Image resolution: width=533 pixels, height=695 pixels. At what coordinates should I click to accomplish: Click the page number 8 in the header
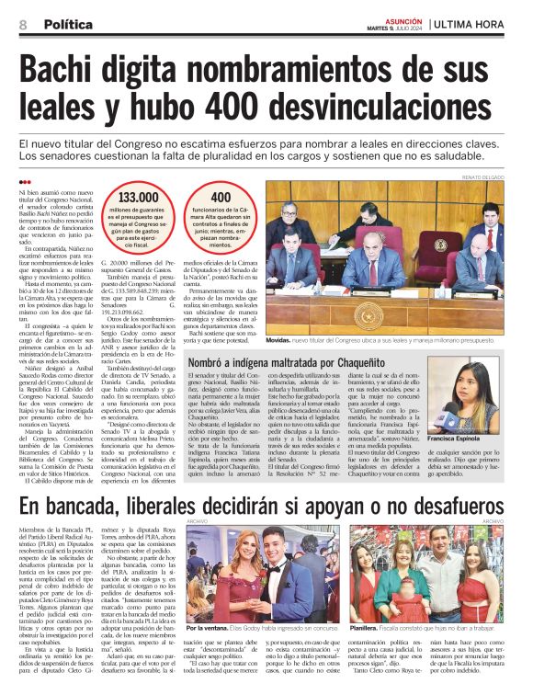(23, 25)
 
